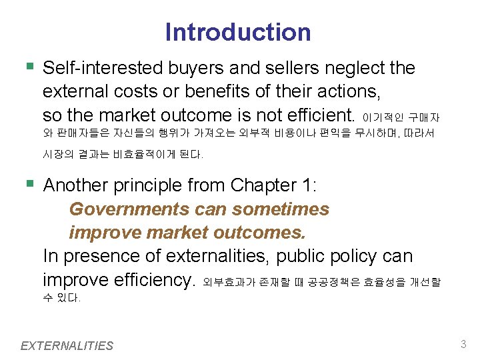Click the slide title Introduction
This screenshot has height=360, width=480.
coord(238,32)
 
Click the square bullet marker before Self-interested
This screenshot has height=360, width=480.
coord(27,67)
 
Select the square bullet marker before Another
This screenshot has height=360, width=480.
coord(27,184)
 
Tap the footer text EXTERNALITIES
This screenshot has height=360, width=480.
coord(67,345)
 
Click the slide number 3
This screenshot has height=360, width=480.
coord(463,345)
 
